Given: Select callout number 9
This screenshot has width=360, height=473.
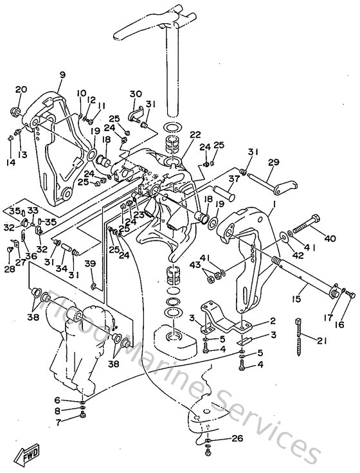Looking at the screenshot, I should [x=62, y=75].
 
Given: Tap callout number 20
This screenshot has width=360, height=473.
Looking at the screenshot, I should [x=21, y=89].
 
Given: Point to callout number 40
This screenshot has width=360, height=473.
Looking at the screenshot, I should [x=330, y=239].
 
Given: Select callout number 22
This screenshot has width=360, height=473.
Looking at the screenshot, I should [x=195, y=135].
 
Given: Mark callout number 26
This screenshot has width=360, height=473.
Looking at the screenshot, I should [x=237, y=440].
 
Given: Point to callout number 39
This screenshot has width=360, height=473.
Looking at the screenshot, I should [x=90, y=264].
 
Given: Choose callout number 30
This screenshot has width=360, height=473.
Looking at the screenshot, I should [x=136, y=94].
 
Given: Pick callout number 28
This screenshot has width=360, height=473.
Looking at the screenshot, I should [x=10, y=269].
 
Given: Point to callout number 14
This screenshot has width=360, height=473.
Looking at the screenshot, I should [x=9, y=145].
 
